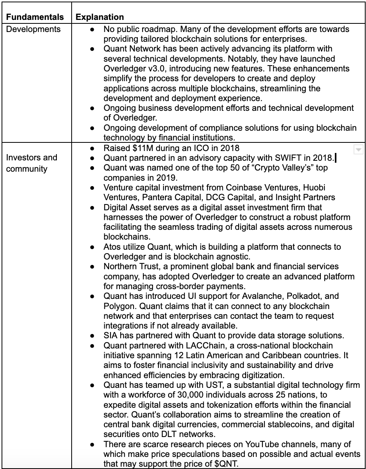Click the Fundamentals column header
(x=34, y=17)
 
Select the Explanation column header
(x=100, y=17)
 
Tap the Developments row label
(x=33, y=29)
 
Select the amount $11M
(x=137, y=148)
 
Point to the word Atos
(x=112, y=247)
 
